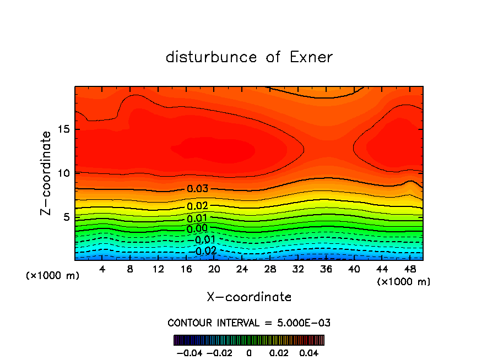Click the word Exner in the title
[x=311, y=57]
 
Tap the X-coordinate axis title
[x=249, y=297]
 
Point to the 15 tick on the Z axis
[x=63, y=129]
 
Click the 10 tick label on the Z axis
[x=63, y=173]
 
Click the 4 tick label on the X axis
[x=102, y=269]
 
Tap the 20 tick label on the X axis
[x=214, y=269]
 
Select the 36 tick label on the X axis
[x=326, y=269]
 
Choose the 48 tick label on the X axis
[x=409, y=269]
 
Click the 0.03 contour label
[x=197, y=189]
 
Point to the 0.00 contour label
[x=197, y=228]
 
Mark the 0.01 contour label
[x=197, y=219]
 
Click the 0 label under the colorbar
[x=249, y=352]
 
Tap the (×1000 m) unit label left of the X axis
[x=52, y=275]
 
